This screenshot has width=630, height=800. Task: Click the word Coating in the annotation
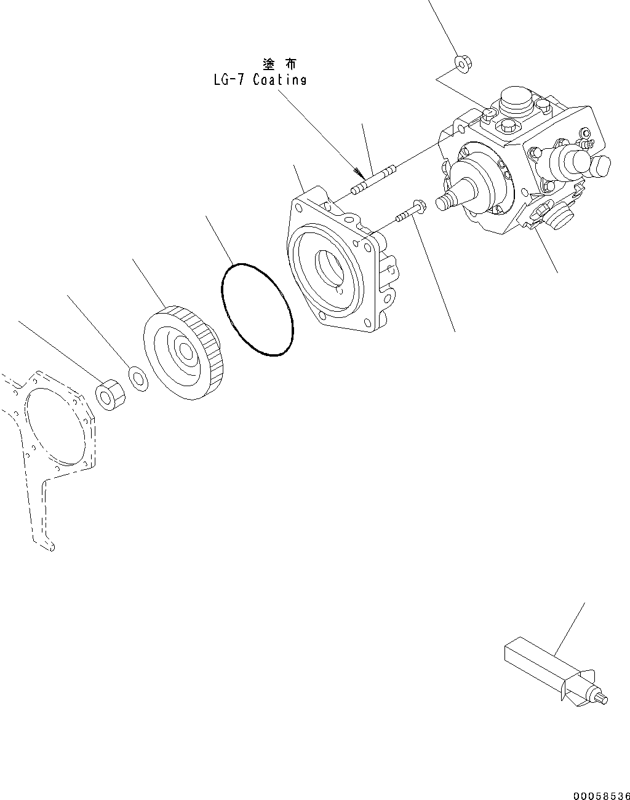click(x=279, y=80)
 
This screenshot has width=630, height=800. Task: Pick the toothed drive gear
click(x=181, y=350)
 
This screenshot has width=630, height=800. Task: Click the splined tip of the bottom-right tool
click(x=602, y=699)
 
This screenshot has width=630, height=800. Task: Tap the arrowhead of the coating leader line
click(x=359, y=172)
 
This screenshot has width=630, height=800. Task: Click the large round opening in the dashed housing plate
click(x=55, y=425)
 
